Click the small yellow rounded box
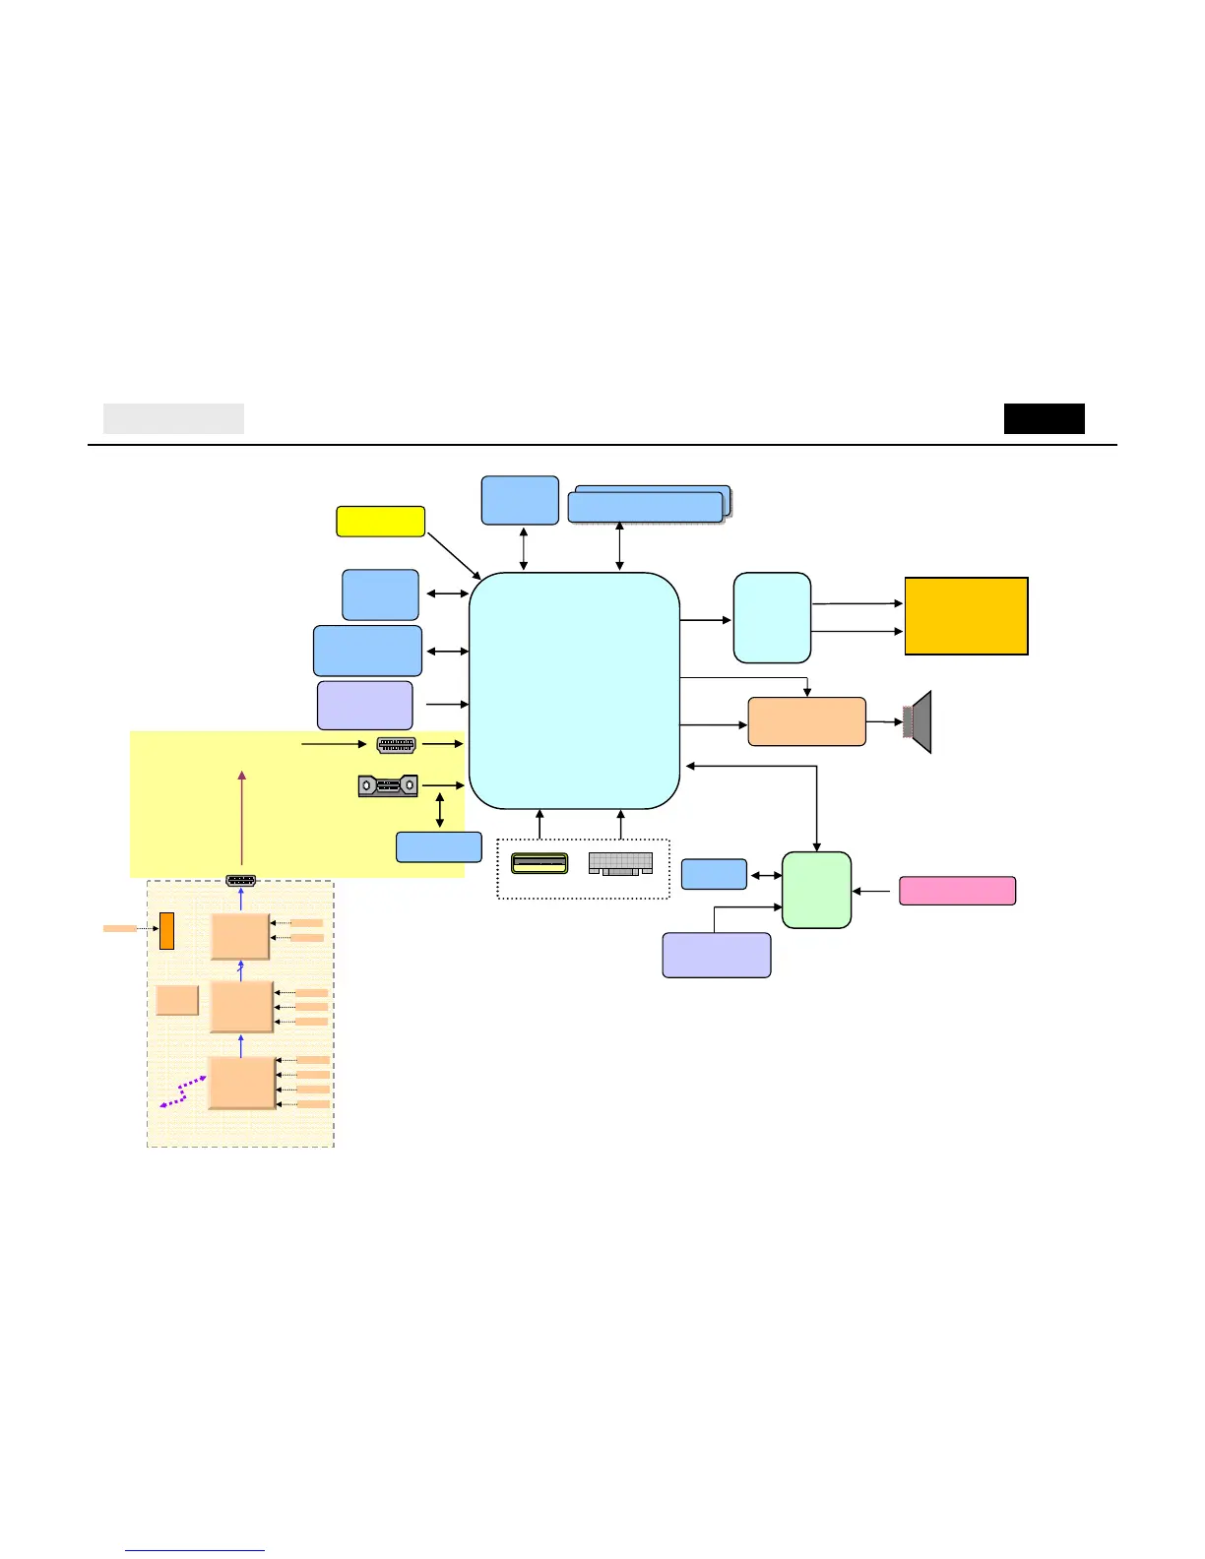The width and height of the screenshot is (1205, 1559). coord(380,522)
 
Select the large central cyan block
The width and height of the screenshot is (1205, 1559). coord(574,690)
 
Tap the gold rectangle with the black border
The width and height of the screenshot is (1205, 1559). coord(966,616)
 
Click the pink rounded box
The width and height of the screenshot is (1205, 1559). coord(957,891)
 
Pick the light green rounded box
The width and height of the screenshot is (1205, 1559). coord(816,890)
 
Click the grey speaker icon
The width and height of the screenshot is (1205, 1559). coord(919,722)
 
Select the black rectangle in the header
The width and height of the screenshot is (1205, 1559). coord(1044,418)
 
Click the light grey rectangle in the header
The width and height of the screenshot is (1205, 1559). coord(173,418)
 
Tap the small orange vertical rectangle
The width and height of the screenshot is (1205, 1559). coord(166,931)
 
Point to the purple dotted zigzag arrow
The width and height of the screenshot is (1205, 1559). coord(183,1091)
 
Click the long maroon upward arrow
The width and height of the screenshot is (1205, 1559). coord(241,822)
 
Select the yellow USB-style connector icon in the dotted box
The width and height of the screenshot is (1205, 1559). coord(539,864)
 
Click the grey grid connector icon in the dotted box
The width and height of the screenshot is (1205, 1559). coord(620,864)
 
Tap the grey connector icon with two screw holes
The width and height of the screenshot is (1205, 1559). coord(388,786)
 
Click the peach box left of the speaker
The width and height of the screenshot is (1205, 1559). coord(806,721)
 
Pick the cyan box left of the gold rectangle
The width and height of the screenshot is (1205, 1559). coord(772,618)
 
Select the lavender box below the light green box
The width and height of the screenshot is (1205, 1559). coord(716,955)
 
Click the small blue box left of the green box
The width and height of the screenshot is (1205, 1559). coord(714,874)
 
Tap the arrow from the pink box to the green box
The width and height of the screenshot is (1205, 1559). coord(875,891)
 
